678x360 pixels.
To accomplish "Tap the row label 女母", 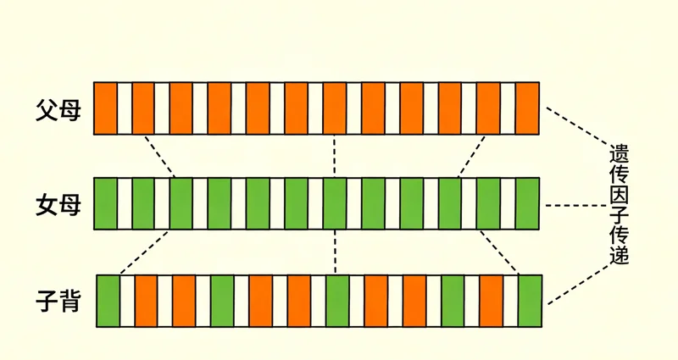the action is point(58,204).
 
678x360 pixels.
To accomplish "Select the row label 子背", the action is point(58,301).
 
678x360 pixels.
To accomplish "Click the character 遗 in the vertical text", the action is point(619,152).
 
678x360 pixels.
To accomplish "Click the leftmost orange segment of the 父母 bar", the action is point(105,108).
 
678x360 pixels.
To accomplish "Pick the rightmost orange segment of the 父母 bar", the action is point(527,108).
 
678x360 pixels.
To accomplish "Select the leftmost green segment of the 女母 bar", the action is point(105,203).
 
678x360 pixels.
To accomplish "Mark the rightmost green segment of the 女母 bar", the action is point(527,203).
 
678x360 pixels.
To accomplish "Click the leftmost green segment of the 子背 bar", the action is point(108,301).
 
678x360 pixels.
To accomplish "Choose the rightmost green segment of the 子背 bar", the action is point(531,301).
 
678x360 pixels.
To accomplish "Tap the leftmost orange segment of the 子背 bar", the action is point(146,301).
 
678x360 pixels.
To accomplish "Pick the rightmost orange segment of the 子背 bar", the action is point(492,301).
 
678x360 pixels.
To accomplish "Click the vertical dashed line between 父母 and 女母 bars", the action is point(334,156).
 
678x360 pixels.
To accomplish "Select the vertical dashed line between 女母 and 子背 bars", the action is point(335,252).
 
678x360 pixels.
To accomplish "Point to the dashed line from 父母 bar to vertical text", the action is point(577,125).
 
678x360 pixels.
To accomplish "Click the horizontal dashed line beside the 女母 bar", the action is point(576,205).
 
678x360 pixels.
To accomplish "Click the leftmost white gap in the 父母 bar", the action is point(125,108).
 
